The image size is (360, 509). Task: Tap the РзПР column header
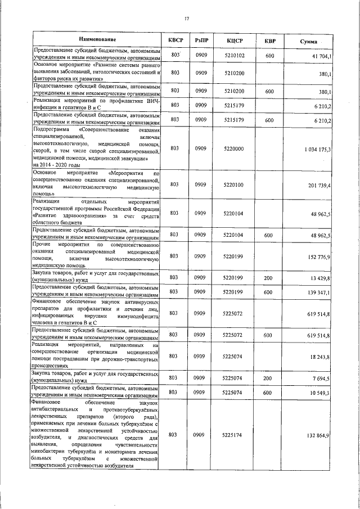tap(202, 40)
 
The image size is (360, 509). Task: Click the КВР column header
tap(270, 40)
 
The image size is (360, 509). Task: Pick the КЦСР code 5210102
tap(234, 56)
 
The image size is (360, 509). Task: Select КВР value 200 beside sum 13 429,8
tap(268, 278)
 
